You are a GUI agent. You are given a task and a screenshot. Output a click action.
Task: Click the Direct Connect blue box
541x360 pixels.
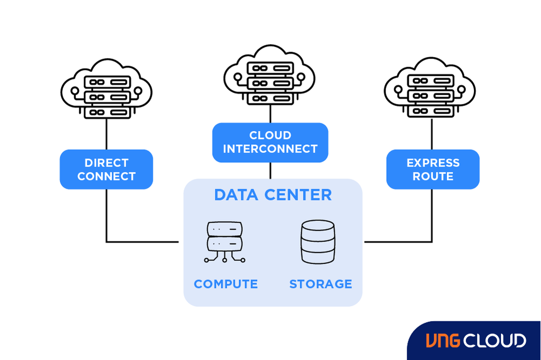[106, 169]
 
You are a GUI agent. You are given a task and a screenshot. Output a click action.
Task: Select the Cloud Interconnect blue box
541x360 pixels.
[270, 142]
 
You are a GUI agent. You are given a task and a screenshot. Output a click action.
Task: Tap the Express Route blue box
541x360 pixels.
[433, 169]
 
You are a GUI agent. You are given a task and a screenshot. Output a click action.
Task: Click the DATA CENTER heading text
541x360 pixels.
[273, 195]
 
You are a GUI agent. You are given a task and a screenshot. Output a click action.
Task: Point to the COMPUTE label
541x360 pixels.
[226, 284]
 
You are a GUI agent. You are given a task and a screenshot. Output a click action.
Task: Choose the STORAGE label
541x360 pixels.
[320, 284]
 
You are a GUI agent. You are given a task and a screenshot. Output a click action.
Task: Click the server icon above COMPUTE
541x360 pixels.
[225, 242]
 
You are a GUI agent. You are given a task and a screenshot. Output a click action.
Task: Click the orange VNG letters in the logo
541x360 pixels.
[444, 341]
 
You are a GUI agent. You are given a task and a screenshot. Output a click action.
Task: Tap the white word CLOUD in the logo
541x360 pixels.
[494, 341]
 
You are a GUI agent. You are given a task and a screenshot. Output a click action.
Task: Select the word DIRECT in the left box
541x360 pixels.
[107, 163]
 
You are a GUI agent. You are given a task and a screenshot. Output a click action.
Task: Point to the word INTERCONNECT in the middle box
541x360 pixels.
[270, 149]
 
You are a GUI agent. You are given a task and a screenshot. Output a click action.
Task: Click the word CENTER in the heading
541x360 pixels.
[298, 195]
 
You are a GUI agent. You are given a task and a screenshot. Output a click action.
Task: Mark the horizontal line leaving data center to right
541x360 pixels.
[398, 242]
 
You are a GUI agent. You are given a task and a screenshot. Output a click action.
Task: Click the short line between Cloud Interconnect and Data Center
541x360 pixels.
[270, 170]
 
